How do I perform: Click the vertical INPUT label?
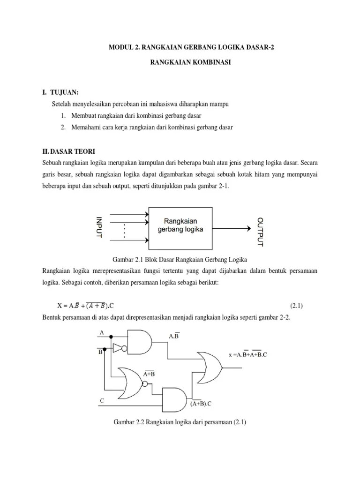[x=98, y=228]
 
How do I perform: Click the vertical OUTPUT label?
[x=261, y=231]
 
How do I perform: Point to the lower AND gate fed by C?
[x=175, y=399]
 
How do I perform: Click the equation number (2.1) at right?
[x=297, y=306]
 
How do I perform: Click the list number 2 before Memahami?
[x=62, y=127]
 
